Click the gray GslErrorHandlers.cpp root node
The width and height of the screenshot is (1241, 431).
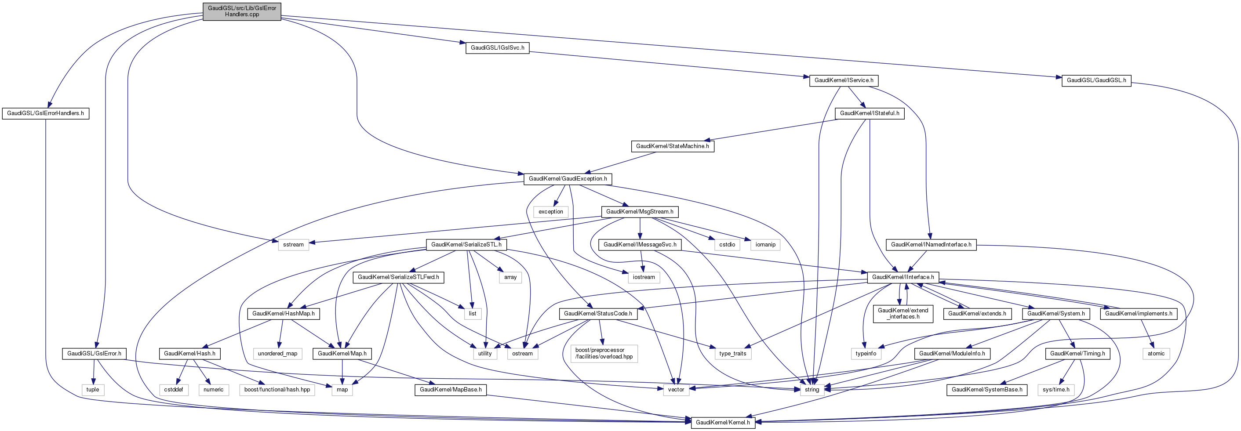pyautogui.click(x=242, y=11)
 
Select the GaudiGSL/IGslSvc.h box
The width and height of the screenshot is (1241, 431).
pyautogui.click(x=497, y=48)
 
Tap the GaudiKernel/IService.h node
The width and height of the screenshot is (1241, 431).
pyautogui.click(x=844, y=80)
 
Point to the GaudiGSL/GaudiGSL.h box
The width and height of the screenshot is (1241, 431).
pyautogui.click(x=1096, y=80)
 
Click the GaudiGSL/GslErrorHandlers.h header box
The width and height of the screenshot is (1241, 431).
pyautogui.click(x=45, y=113)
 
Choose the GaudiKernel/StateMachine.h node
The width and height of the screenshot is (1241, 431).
pyautogui.click(x=672, y=146)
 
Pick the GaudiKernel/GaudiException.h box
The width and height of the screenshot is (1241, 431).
pyautogui.click(x=568, y=179)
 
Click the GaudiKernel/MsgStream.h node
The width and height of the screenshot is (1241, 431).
pyautogui.click(x=639, y=211)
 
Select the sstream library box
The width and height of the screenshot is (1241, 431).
pyautogui.click(x=293, y=245)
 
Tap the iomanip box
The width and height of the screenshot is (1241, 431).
pyautogui.click(x=765, y=245)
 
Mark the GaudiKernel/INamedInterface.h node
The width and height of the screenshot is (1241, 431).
pyautogui.click(x=931, y=245)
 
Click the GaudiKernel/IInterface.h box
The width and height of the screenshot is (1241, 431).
pyautogui.click(x=903, y=277)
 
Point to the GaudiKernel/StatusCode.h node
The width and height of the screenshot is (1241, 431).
pyautogui.click(x=597, y=314)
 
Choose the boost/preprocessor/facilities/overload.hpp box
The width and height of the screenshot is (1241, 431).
pyautogui.click(x=604, y=354)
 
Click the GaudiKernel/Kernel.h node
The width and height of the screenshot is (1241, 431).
pyautogui.click(x=723, y=422)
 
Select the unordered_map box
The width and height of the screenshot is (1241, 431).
pyautogui.click(x=277, y=354)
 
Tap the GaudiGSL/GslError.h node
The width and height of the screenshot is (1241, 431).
pyautogui.click(x=94, y=354)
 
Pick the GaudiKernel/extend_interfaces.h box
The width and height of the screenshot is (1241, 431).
pyautogui.click(x=903, y=314)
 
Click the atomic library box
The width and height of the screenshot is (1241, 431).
pyautogui.click(x=1156, y=354)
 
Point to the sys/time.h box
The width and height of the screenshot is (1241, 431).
pyautogui.click(x=1055, y=390)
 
